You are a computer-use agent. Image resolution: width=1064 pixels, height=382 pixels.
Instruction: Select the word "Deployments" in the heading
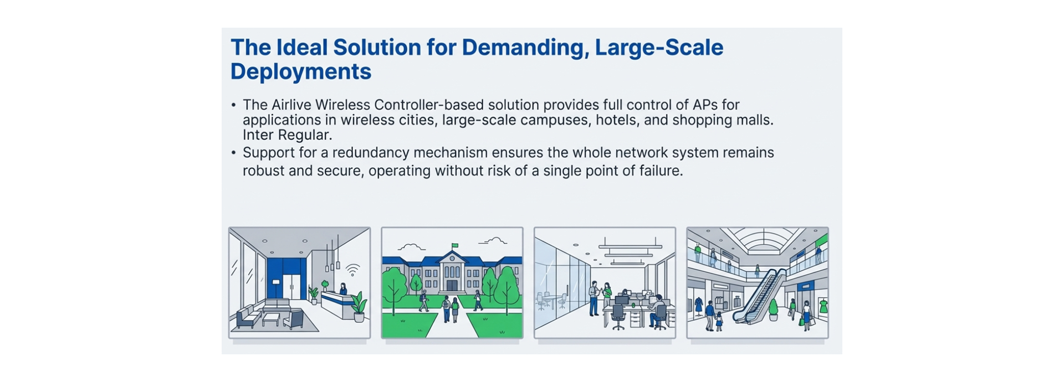pos(301,72)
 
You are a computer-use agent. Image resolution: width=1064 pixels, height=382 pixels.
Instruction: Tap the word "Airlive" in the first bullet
pos(291,105)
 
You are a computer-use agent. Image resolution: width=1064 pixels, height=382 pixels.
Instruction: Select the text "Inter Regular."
pos(287,135)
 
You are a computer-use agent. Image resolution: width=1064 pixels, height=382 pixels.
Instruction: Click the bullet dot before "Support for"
pos(234,153)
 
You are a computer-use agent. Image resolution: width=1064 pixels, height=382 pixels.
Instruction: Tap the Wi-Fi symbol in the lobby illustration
pos(352,270)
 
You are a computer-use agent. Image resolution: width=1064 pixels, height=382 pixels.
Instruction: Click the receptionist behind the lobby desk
pos(343,289)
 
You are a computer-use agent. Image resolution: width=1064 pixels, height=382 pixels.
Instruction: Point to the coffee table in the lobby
pos(271,318)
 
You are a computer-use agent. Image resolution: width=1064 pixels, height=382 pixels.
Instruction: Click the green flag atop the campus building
pos(454,246)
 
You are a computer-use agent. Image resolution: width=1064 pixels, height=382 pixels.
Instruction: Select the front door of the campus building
pos(452,285)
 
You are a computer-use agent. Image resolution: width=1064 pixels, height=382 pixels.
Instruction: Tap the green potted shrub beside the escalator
pos(773,308)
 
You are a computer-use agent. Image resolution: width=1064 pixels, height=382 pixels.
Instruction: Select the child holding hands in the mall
pos(719,321)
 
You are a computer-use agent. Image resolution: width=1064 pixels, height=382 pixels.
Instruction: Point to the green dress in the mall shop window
pos(823,306)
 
